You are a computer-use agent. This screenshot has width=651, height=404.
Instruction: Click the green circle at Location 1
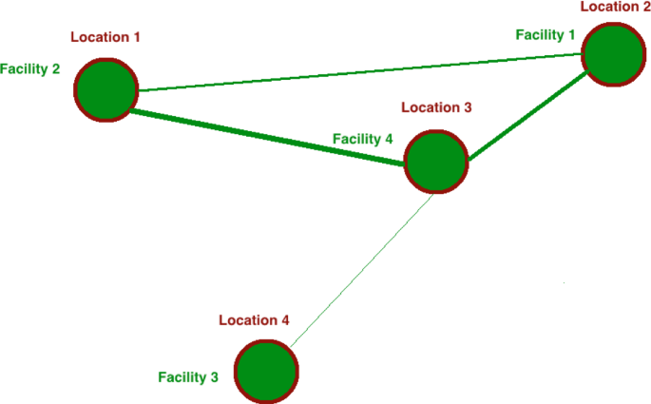click(106, 89)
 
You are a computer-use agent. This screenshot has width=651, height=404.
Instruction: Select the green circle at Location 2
click(616, 54)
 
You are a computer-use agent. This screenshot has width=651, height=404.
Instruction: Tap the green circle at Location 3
click(436, 161)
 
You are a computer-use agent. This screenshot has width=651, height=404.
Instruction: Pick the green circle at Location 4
click(266, 372)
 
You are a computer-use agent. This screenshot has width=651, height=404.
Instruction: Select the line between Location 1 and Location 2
click(361, 73)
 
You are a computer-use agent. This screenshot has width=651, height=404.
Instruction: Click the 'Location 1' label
click(105, 38)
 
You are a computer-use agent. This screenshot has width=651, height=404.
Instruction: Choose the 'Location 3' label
click(435, 107)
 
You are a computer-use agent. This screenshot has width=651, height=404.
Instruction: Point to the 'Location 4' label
click(254, 320)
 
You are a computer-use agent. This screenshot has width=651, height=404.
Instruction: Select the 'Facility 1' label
click(546, 35)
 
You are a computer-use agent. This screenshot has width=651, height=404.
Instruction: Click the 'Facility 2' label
click(30, 69)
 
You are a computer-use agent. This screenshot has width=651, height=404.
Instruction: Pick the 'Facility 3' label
click(188, 377)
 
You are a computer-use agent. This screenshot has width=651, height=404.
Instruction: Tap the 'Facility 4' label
click(362, 139)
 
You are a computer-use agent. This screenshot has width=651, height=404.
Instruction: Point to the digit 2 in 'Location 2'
click(643, 7)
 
